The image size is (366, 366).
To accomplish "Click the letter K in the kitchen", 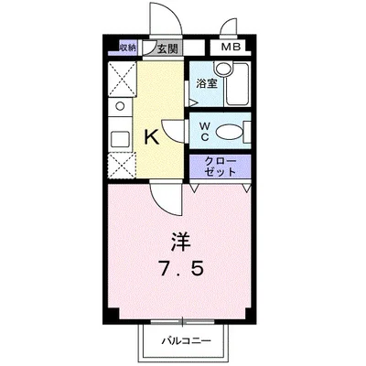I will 152,138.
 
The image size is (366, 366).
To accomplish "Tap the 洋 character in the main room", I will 183,244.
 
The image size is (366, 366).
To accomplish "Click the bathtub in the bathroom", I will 239,90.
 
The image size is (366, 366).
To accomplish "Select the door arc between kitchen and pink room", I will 165,191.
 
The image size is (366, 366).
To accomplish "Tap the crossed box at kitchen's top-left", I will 120,77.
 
